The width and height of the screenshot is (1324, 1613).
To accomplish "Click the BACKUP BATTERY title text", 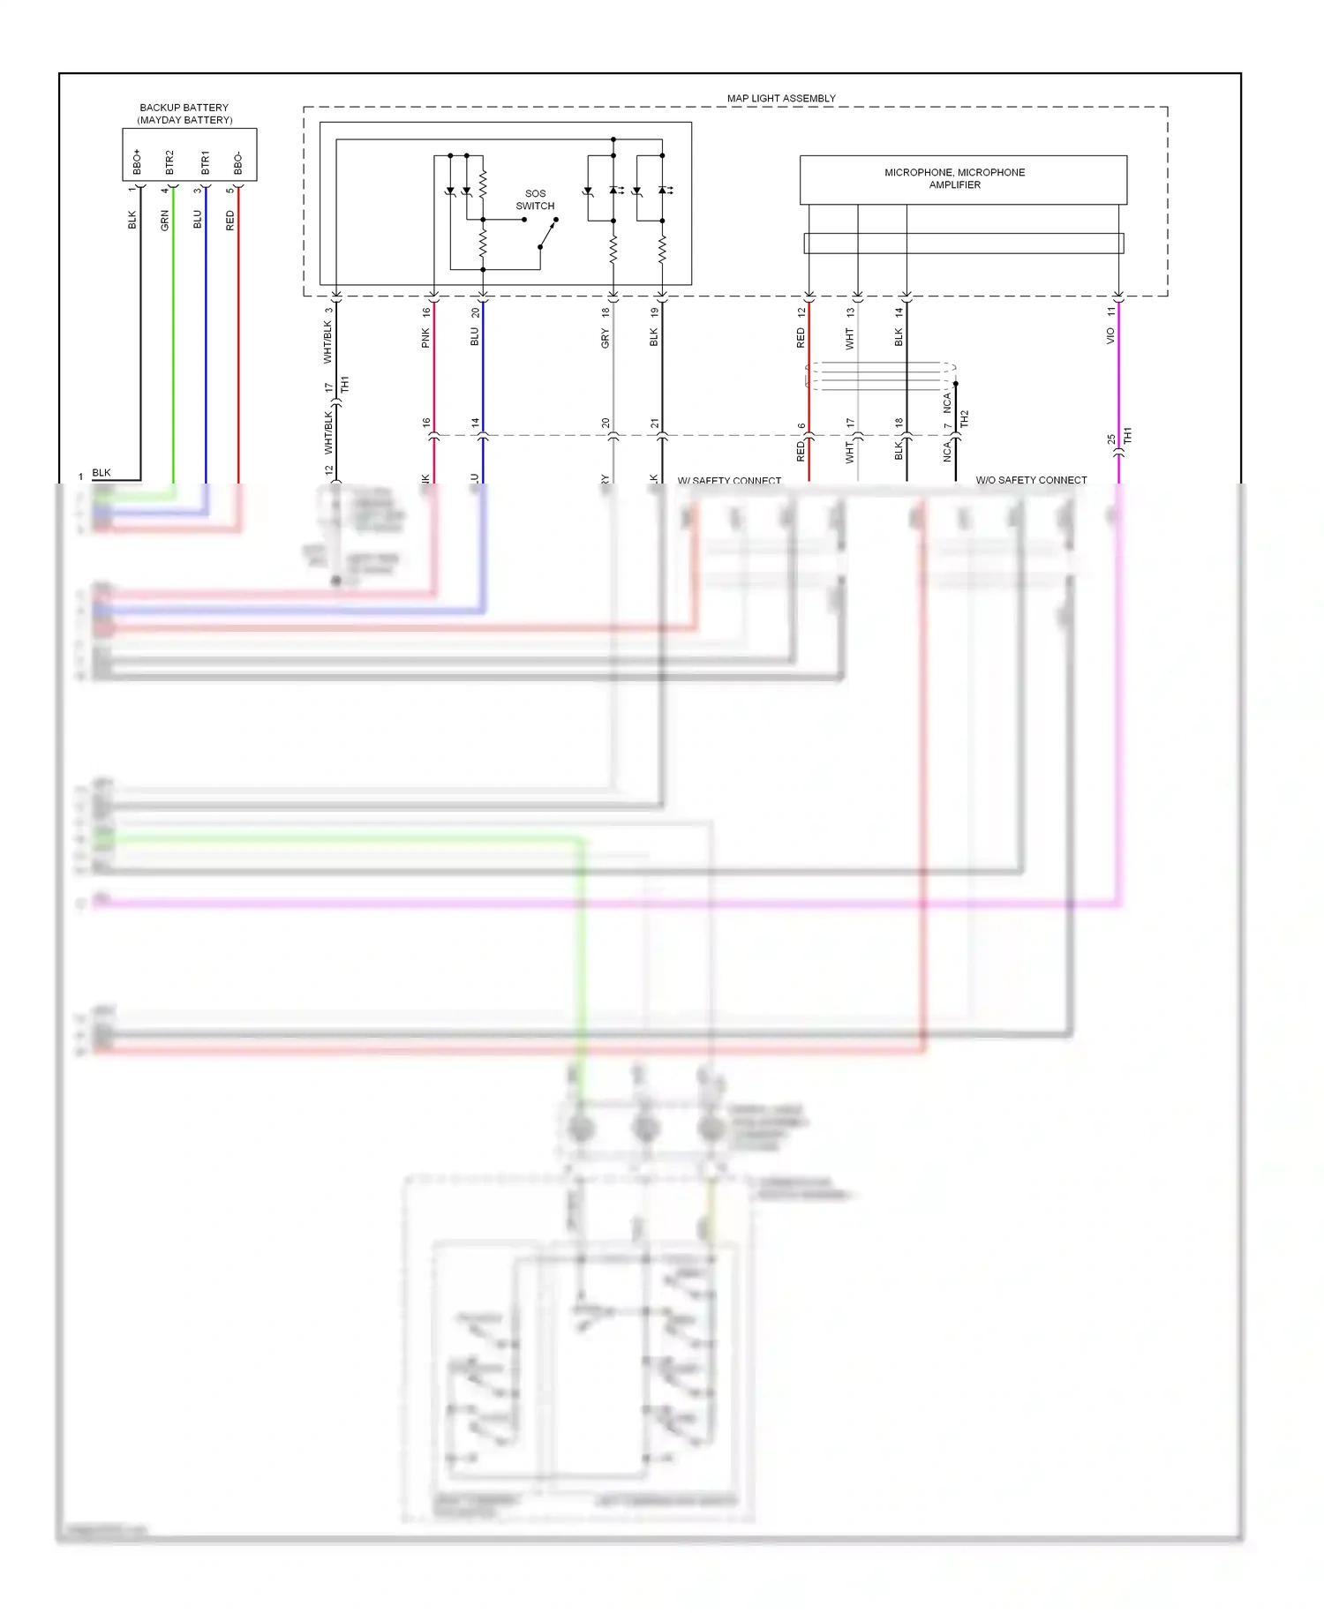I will click(184, 108).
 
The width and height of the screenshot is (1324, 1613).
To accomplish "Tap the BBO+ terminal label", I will click(137, 161).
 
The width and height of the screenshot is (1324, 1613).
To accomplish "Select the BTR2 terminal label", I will click(169, 161).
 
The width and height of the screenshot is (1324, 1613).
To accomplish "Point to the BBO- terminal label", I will click(237, 163).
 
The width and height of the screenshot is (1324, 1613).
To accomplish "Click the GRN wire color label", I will click(165, 221).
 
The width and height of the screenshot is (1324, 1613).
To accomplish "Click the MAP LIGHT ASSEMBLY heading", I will click(781, 98).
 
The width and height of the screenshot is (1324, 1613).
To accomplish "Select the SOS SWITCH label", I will click(535, 199).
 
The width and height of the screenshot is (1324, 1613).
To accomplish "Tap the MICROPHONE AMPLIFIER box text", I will click(954, 178).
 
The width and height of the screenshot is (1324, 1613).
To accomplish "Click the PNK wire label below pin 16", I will click(425, 337).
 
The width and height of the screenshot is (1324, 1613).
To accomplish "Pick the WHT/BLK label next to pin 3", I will click(328, 341).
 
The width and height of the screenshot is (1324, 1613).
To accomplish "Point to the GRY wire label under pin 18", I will click(606, 338).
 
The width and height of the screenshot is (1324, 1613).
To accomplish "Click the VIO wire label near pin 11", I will click(1110, 336).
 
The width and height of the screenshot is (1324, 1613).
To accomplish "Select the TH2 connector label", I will click(965, 418).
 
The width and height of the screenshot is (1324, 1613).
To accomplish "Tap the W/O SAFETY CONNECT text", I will click(1031, 480).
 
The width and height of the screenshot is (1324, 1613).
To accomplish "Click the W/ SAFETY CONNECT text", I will click(729, 481).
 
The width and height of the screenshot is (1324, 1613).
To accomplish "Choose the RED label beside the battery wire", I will click(230, 221).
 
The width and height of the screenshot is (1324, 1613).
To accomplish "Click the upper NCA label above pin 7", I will click(947, 403).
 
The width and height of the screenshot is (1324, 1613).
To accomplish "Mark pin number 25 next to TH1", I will click(1110, 439).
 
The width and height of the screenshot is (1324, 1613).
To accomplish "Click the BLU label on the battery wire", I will click(198, 220).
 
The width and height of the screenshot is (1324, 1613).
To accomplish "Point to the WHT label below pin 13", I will click(850, 338).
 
